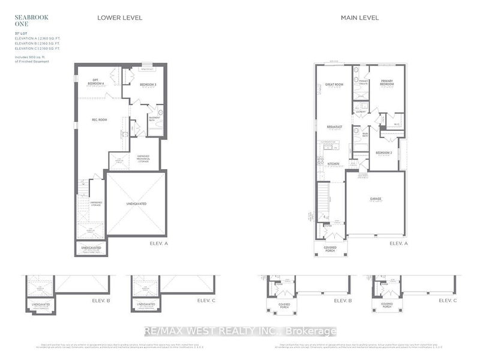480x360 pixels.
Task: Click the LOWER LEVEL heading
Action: click(119, 18)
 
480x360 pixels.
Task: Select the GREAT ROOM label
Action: click(334, 85)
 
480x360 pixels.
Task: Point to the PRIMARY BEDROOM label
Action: click(387, 83)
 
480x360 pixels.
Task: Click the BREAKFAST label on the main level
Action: click(335, 127)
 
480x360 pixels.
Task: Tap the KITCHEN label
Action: click(334, 164)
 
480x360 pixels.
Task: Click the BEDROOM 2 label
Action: click(384, 152)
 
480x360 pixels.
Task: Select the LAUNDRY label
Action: click(361, 112)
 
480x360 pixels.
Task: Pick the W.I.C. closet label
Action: click(397, 125)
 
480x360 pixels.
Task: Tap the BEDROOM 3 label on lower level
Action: click(148, 85)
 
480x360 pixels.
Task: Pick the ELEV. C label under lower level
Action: click(205, 300)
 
